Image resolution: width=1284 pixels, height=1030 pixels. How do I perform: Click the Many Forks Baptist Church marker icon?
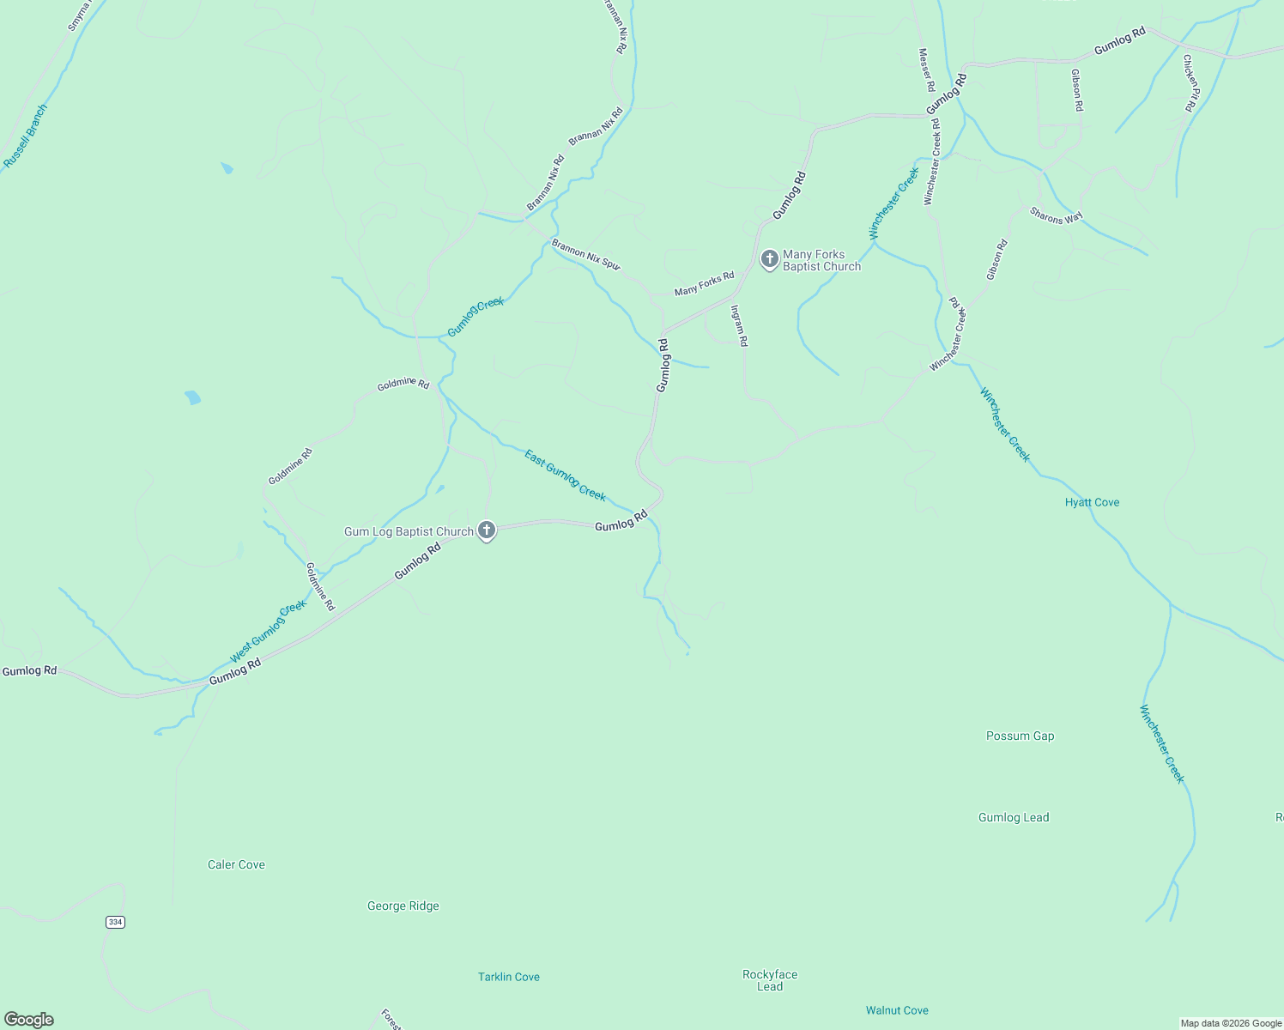point(769,258)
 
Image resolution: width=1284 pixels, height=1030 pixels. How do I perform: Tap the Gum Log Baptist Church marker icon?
point(487,530)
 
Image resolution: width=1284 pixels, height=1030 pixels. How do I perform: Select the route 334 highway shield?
point(115,922)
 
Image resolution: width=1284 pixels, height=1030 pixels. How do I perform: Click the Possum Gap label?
point(1020,736)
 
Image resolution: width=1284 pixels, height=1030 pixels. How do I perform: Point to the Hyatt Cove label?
point(1092,502)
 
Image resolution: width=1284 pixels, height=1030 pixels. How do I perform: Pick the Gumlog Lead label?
point(1014,817)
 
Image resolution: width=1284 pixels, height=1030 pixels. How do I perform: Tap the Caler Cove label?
point(236,864)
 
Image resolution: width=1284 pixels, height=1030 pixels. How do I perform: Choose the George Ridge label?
point(403,906)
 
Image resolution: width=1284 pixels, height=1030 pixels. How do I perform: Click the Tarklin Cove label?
point(508,977)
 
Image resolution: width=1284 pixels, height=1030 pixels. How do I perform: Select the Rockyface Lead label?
point(770,980)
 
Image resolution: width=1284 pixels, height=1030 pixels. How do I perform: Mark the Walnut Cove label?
point(897,1010)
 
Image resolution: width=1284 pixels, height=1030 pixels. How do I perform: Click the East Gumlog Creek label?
point(565,476)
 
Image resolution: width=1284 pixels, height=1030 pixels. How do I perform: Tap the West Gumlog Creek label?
point(268,632)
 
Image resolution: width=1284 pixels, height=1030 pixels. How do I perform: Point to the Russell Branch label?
point(25,136)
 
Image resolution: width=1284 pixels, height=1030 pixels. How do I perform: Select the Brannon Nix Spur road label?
point(585,255)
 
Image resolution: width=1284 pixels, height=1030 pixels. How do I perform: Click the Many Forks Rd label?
point(704,283)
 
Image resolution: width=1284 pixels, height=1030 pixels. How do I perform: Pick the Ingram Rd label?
point(739,325)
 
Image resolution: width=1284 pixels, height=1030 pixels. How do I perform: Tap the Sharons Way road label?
point(1057,216)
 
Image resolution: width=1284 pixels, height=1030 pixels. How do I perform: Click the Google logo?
point(29,1020)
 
